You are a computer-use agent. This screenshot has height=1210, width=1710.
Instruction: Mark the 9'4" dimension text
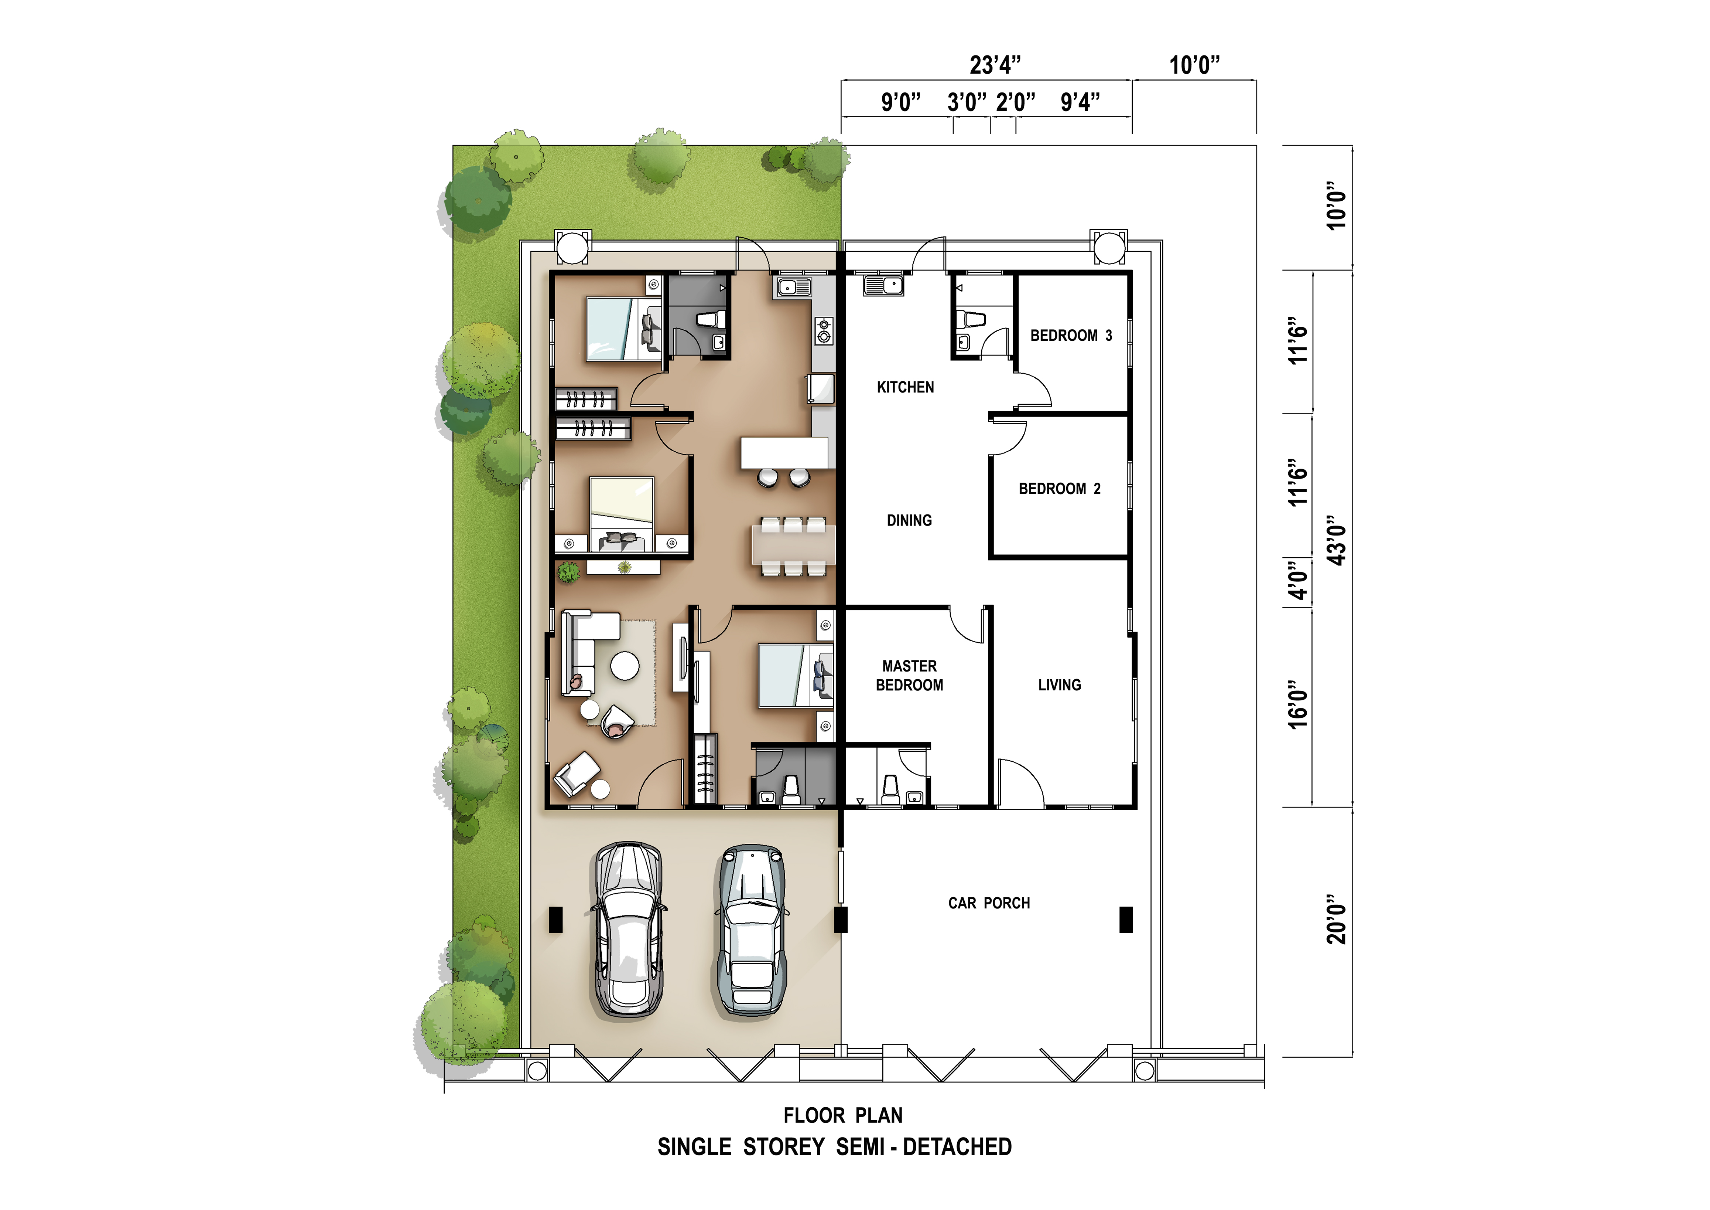click(1080, 102)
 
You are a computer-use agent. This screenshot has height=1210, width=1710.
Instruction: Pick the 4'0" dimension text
click(1298, 580)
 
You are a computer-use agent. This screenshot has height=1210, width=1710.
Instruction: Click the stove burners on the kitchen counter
click(824, 331)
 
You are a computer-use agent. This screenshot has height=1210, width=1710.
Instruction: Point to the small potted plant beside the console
click(568, 572)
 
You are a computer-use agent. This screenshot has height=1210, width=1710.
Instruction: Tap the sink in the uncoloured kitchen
click(883, 285)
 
